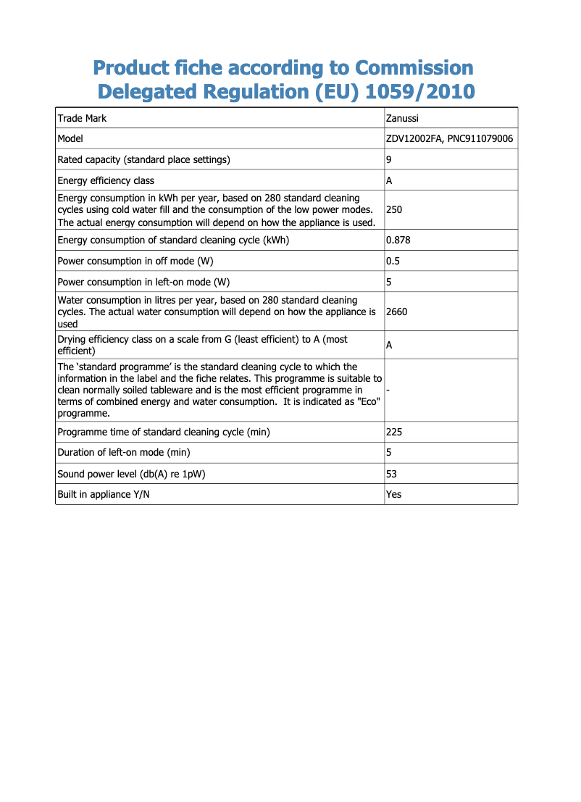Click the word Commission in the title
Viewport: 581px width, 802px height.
point(414,68)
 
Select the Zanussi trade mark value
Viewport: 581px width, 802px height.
point(402,118)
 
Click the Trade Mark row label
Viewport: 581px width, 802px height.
point(82,118)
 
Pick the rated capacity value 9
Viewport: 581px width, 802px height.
point(389,159)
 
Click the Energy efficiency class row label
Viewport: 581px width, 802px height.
point(106,180)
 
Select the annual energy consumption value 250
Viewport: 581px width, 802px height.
point(394,210)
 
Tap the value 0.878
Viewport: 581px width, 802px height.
point(398,240)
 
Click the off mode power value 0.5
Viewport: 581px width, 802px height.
point(393,261)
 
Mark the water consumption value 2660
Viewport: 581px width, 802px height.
point(397,312)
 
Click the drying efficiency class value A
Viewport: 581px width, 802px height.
point(390,346)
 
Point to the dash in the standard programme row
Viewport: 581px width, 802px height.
point(388,390)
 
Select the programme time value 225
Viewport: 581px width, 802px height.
point(394,432)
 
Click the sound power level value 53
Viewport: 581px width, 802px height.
point(392,474)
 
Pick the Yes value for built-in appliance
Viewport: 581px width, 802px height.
point(394,494)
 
